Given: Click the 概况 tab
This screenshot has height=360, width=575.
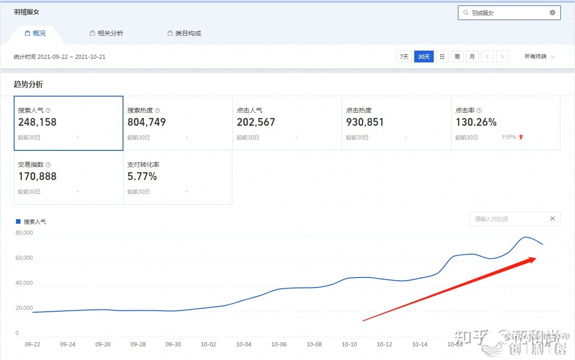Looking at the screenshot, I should (x=36, y=33).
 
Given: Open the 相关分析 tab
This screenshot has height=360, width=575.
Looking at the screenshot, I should (x=107, y=33).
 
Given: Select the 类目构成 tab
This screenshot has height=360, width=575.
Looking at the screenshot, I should (x=185, y=33).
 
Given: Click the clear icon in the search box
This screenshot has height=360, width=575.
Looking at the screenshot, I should (x=552, y=13).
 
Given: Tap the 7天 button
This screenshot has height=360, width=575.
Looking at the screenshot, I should (x=404, y=57).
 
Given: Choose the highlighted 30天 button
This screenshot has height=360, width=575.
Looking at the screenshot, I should (x=424, y=57).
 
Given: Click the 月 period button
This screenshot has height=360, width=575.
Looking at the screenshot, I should (x=472, y=57).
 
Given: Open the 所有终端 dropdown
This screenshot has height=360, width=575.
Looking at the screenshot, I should (x=539, y=57).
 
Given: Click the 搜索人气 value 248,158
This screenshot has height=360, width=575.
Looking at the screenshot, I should (x=37, y=122).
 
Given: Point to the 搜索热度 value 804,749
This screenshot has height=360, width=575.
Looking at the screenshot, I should (x=147, y=122).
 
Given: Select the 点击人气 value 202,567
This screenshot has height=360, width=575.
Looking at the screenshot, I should (x=256, y=122).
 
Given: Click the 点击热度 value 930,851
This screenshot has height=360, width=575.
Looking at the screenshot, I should (x=365, y=122).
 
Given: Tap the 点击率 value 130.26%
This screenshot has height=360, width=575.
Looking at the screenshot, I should (x=476, y=122).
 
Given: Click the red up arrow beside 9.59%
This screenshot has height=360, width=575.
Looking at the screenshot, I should (x=521, y=137).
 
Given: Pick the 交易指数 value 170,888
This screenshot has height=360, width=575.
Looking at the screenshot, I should (x=37, y=176).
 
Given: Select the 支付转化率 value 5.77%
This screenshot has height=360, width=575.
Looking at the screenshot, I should (x=142, y=176).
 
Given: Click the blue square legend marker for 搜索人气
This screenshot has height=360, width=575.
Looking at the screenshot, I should (x=18, y=221).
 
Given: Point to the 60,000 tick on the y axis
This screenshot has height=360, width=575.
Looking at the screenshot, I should (x=24, y=258).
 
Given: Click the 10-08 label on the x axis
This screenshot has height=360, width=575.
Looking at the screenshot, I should (x=314, y=345).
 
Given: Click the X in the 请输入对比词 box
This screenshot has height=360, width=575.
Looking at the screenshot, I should (x=552, y=219).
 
